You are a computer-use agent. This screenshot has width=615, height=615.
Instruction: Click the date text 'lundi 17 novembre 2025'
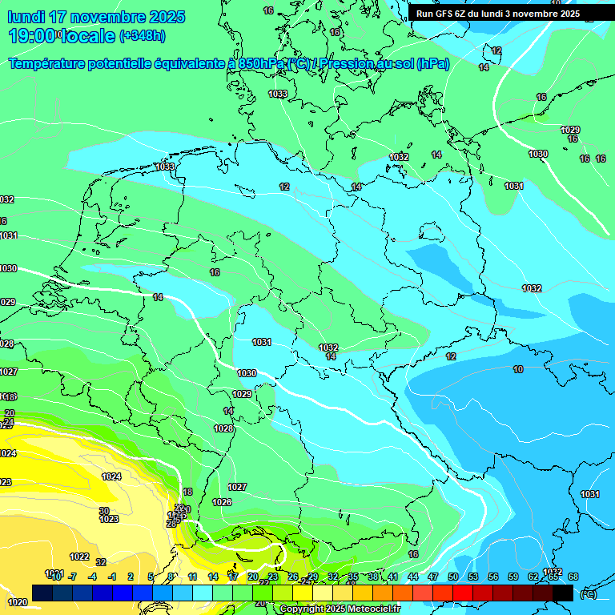[x=96, y=17]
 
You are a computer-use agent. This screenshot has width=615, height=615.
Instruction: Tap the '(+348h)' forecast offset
[x=143, y=36]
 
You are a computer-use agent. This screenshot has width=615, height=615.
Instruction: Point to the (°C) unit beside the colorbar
[x=588, y=594]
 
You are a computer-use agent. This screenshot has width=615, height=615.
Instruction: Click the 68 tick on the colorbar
[x=573, y=577]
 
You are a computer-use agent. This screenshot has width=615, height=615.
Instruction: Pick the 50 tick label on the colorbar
[x=452, y=577]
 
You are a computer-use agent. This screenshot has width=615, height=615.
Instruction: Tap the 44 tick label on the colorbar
[x=412, y=577]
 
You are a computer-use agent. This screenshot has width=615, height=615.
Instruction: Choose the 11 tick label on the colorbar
[x=192, y=577]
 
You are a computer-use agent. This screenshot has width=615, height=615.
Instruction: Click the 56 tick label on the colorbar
[x=492, y=577]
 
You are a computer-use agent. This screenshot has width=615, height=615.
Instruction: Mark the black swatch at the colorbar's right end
[x=563, y=593]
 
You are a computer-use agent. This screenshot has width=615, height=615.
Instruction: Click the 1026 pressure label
[x=222, y=502]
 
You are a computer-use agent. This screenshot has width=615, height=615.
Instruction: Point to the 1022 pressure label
[x=79, y=557]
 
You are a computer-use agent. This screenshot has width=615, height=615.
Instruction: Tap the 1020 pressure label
[x=17, y=602]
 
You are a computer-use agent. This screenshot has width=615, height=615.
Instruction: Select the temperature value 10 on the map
[x=518, y=369]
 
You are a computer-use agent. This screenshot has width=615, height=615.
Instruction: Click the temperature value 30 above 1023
[x=104, y=511]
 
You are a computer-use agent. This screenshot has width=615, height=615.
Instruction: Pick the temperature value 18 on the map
[x=187, y=492]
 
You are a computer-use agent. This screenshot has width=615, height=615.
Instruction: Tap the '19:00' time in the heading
[x=32, y=36]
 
